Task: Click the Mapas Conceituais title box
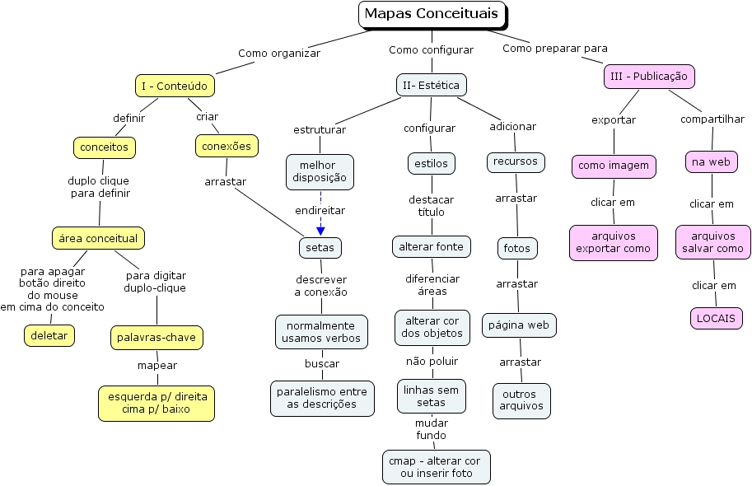[x=432, y=14]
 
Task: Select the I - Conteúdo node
[x=175, y=85]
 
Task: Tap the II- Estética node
[x=431, y=85]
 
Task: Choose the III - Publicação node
[x=649, y=77]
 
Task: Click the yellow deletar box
[x=49, y=335]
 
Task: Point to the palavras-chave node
[x=156, y=337]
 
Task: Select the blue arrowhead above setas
[x=320, y=231]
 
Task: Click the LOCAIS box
[x=716, y=318]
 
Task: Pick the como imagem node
[x=614, y=166]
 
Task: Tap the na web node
[x=711, y=161]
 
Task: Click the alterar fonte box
[x=432, y=245]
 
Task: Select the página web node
[x=518, y=325]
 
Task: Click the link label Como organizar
[x=279, y=54]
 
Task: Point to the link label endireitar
[x=320, y=210]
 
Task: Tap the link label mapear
[x=156, y=365]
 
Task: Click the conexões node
[x=227, y=146]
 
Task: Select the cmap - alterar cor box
[x=436, y=467]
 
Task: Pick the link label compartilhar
[x=712, y=119]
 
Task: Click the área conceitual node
[x=99, y=238]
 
